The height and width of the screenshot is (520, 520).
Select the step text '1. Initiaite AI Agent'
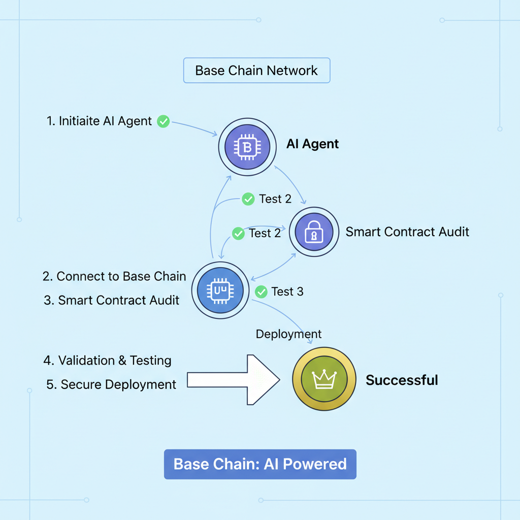click(99, 121)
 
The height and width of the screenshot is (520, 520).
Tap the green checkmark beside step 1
click(163, 121)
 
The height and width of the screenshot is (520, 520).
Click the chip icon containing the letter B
click(247, 147)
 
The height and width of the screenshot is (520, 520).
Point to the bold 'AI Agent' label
click(312, 144)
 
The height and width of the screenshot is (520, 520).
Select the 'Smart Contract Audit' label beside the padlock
click(407, 232)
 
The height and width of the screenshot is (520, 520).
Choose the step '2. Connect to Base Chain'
click(114, 276)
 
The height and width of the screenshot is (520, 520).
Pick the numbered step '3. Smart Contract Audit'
click(112, 300)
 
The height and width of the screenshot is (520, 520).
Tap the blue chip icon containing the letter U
click(220, 290)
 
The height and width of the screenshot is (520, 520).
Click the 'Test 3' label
click(287, 291)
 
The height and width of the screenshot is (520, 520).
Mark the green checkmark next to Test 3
click(261, 291)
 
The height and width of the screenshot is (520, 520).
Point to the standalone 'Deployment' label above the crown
click(288, 334)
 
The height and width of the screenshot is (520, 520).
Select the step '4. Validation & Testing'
click(107, 361)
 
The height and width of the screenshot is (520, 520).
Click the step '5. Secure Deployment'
click(111, 384)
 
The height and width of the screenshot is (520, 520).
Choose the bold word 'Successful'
click(402, 380)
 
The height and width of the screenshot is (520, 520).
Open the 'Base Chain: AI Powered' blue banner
click(260, 464)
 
